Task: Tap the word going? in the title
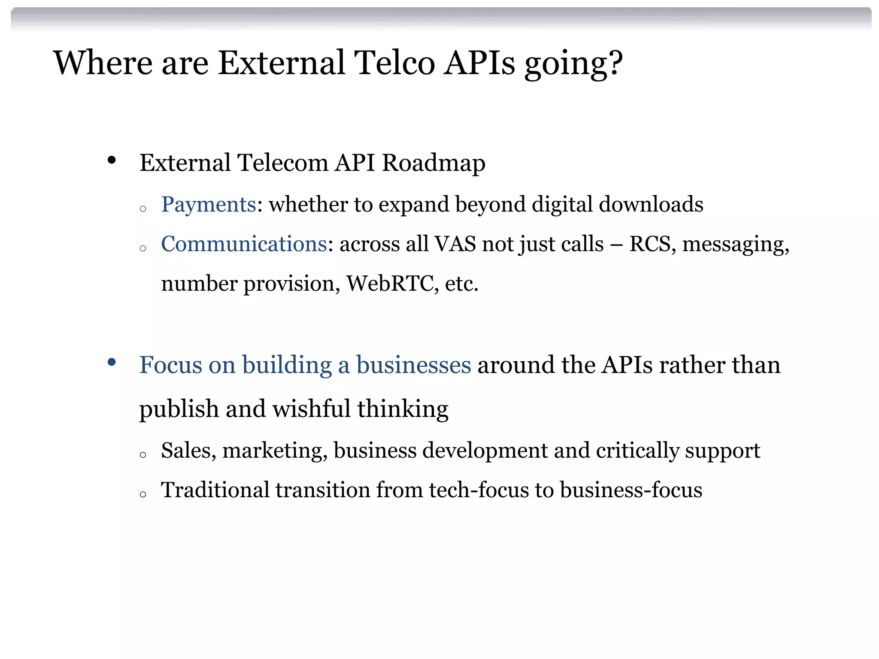pyautogui.click(x=573, y=64)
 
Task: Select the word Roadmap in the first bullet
pyautogui.click(x=433, y=163)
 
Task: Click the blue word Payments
pyautogui.click(x=209, y=205)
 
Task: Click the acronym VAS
pyautogui.click(x=455, y=244)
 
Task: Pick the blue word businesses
pyautogui.click(x=413, y=365)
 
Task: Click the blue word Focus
pyautogui.click(x=170, y=365)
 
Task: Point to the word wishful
pyautogui.click(x=312, y=408)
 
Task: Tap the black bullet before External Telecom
pyautogui.click(x=112, y=160)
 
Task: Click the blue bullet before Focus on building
pyautogui.click(x=112, y=363)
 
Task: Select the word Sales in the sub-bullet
pyautogui.click(x=188, y=451)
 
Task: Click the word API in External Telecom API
pyautogui.click(x=355, y=163)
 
